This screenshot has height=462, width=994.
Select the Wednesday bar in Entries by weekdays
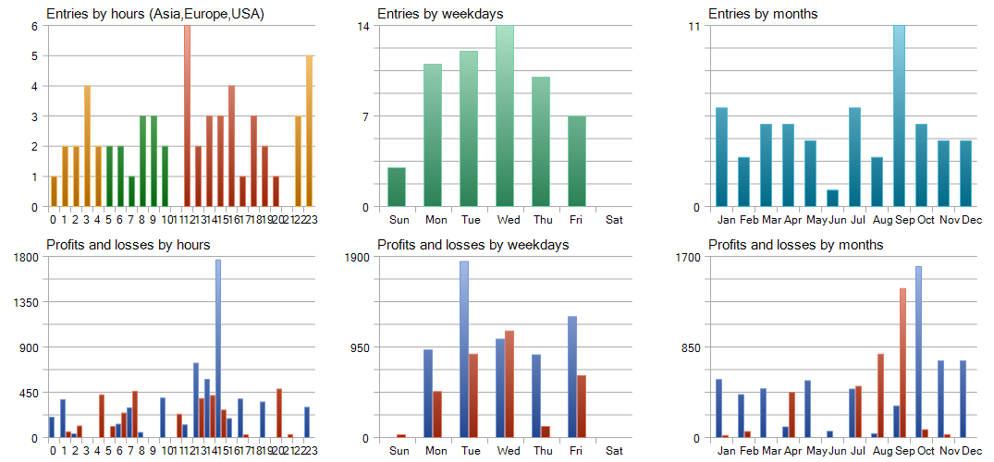pos(505,115)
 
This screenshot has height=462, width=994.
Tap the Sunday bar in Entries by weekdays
pos(397,187)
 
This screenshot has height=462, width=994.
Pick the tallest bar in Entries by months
pos(899,115)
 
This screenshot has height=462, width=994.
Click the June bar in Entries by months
pos(832,198)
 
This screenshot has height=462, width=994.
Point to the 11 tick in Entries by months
pos(693,26)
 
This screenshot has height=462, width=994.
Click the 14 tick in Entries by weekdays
pos(363,26)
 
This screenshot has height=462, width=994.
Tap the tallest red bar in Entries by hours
pos(187,115)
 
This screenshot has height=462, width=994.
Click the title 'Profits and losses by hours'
pos(129,245)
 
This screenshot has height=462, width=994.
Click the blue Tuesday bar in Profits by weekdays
pos(464,349)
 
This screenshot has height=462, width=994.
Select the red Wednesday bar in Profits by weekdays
pos(509,383)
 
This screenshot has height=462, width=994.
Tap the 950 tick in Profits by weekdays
pos(358,347)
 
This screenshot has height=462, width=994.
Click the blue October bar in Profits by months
pos(918,352)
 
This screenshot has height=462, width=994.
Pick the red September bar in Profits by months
pos(902,362)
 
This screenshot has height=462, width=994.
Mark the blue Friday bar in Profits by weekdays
pos(572,377)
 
